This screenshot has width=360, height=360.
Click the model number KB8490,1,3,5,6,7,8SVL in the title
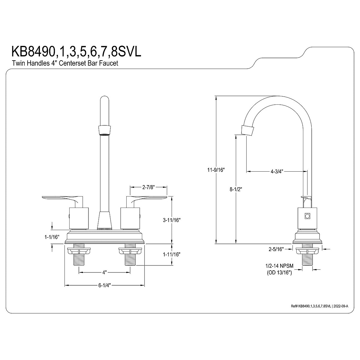pyautogui.click(x=76, y=51)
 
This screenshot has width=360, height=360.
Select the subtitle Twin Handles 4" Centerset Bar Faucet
pyautogui.click(x=65, y=63)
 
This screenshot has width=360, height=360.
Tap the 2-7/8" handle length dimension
pyautogui.click(x=148, y=187)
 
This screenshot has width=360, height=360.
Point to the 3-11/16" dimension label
pyautogui.click(x=172, y=220)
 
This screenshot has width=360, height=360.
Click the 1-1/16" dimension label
pyautogui.click(x=50, y=237)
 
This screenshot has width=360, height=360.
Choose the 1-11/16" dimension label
pyautogui.click(x=172, y=254)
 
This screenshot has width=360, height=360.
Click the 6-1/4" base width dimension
pyautogui.click(x=105, y=286)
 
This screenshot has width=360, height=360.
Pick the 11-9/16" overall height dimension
pyautogui.click(x=216, y=169)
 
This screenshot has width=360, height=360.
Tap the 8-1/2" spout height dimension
pyautogui.click(x=236, y=189)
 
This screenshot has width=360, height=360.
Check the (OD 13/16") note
pyautogui.click(x=279, y=273)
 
